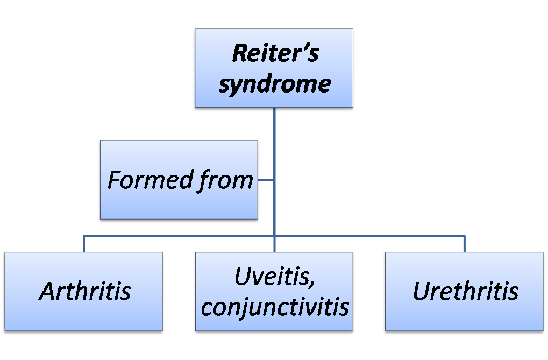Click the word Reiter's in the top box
coord(275,54)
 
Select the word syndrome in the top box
coord(274,84)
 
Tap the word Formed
coord(141,180)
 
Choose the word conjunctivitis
coord(274,307)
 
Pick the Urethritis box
coord(464,292)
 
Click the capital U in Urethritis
coord(421,292)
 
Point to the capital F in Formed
coord(113,180)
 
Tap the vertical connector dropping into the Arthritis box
coord(84,244)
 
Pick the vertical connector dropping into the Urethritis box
coord(464,244)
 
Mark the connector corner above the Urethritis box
coord(464,236)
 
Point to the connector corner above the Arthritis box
coord(84,236)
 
